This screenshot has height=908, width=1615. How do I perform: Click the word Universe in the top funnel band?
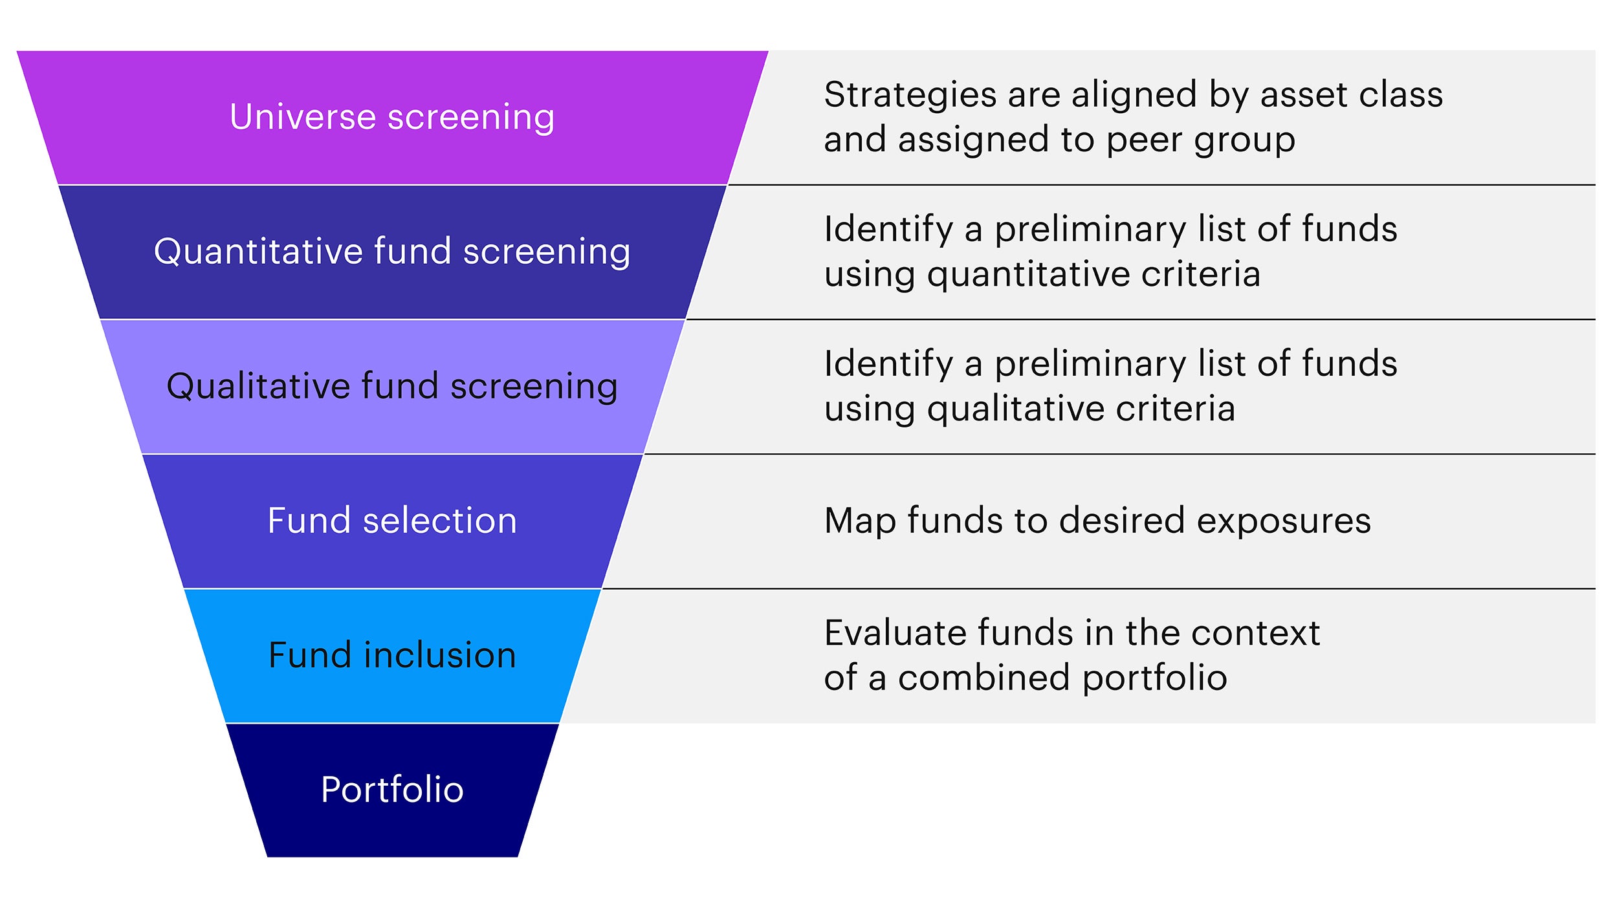pos(303,117)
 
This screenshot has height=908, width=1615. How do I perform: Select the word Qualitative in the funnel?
pos(258,386)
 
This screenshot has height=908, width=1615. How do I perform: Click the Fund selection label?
pos(392,521)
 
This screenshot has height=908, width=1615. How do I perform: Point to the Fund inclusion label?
pos(392,655)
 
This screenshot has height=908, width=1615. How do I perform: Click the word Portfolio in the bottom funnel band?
pos(392,790)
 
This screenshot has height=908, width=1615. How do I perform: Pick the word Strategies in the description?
pos(910,95)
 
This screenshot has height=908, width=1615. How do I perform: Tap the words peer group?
pos(1201,140)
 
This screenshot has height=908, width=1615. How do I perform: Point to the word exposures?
pos(1284,521)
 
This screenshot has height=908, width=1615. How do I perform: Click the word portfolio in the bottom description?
pos(1154,678)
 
